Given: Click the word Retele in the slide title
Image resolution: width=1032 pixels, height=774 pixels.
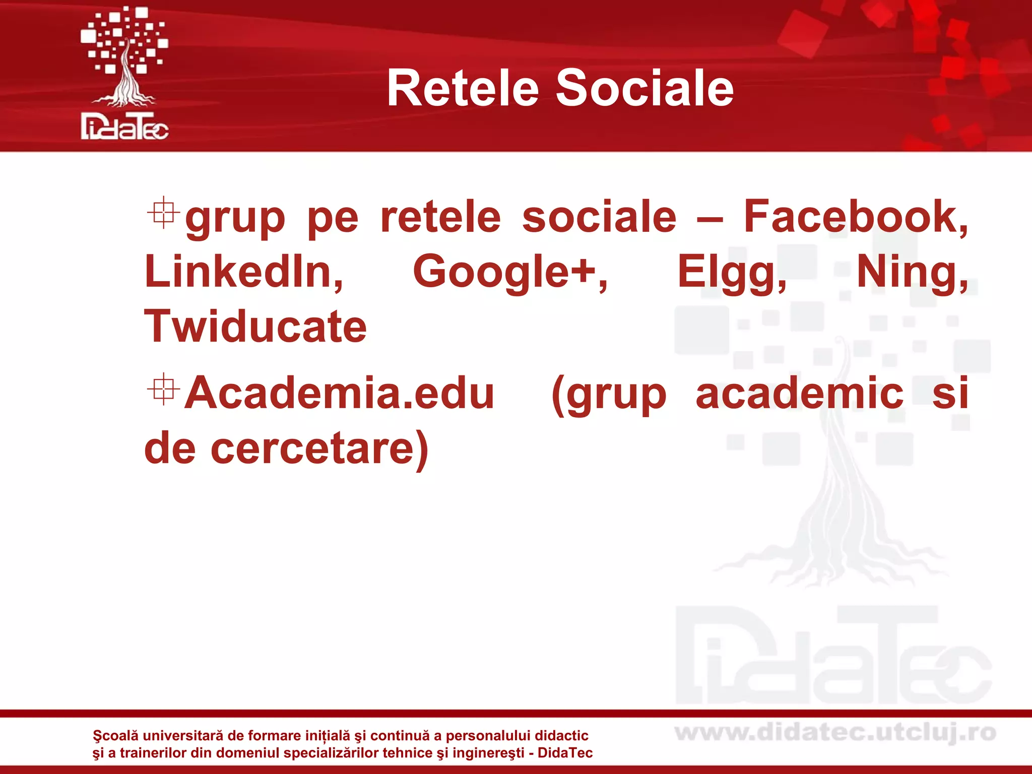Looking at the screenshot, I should [463, 89].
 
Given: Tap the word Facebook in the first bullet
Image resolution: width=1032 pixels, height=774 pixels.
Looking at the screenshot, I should [855, 217].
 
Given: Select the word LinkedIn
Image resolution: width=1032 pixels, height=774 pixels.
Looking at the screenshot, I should [244, 272].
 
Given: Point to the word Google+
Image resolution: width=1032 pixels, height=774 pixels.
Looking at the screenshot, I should [510, 272].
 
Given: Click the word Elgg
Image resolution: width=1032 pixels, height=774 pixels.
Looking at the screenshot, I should [731, 272].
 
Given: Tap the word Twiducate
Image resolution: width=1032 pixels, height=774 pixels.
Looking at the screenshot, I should [255, 327].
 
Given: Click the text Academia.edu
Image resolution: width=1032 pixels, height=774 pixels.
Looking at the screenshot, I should [339, 393].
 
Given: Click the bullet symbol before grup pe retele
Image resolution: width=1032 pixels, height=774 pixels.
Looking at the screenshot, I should [163, 213].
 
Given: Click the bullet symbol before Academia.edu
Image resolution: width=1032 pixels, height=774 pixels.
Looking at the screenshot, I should [163, 389].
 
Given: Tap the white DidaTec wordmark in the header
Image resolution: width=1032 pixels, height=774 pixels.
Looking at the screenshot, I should [124, 126].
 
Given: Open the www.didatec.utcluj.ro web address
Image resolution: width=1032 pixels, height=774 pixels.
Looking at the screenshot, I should [835, 733].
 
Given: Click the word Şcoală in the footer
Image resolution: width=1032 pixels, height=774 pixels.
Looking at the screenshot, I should [115, 736].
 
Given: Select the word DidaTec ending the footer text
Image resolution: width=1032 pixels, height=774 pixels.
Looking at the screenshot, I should [565, 753].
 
